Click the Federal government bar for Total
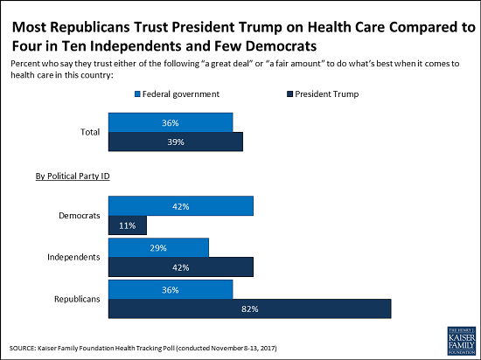170,122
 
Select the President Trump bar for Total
174,142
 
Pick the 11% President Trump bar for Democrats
126,225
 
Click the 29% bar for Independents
157,248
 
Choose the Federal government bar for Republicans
170,289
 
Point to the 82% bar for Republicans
248,309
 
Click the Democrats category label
78,215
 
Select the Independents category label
73,258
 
